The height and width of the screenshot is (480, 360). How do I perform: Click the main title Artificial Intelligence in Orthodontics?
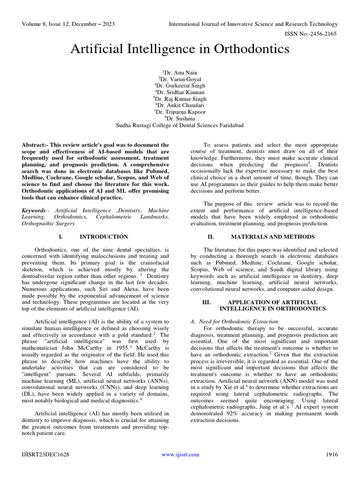[x=180, y=49]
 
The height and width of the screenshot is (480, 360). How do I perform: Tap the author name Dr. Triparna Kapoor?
[x=180, y=112]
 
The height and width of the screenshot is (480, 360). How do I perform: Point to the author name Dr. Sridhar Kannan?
[x=180, y=92]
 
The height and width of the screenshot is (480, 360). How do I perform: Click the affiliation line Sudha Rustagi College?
[x=180, y=125]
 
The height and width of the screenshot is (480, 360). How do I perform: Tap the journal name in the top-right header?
[x=253, y=24]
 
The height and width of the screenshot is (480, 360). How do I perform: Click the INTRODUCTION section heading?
[x=104, y=237]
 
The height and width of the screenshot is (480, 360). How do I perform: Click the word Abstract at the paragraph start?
[x=34, y=145]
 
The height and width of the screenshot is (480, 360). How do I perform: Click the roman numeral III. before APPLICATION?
[x=207, y=302]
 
